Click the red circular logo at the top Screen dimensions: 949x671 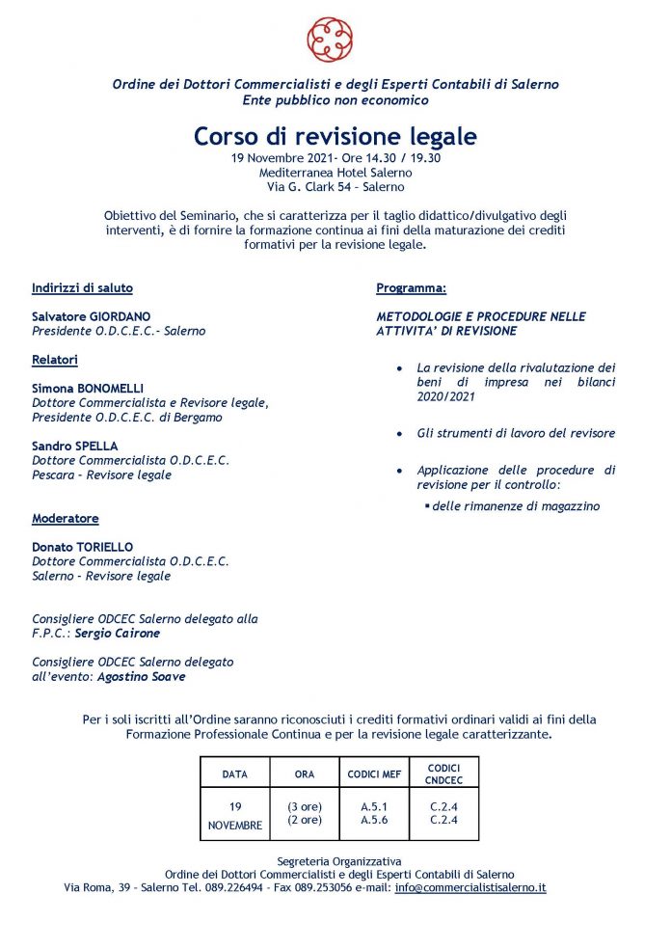tap(330, 39)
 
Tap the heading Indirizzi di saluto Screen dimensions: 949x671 tap(82, 288)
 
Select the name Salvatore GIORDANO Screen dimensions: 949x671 tap(92, 316)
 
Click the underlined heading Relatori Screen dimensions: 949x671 tap(55, 360)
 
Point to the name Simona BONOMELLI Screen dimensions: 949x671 tap(87, 388)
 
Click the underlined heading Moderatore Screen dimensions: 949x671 tap(66, 518)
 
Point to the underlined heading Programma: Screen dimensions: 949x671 tap(411, 288)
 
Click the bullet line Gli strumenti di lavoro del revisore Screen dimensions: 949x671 tap(516, 433)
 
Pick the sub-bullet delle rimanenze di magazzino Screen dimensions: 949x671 tap(516, 505)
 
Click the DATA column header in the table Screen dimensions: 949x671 tap(234, 773)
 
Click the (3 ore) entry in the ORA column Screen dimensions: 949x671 tap(305, 806)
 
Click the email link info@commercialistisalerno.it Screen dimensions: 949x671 tap(470, 887)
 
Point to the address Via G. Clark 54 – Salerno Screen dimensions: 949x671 tap(335, 187)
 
